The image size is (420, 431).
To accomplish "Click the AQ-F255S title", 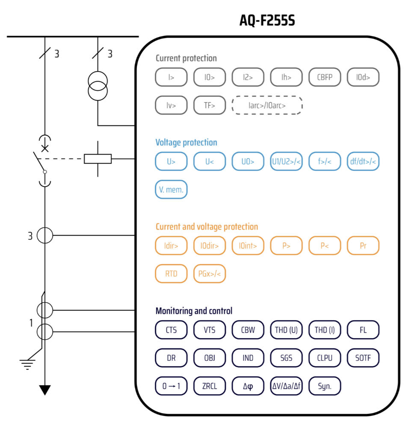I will point(267,20).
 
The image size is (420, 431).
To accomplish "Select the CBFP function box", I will point(325,77).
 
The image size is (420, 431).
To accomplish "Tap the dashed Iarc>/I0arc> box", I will point(267,105).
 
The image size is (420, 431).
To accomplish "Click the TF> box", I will point(209,105).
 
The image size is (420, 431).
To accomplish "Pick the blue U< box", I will point(209,161).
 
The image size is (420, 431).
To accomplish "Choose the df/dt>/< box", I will point(363,161).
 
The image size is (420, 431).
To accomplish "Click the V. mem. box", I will point(171,190).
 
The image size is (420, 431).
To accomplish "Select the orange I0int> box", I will point(248,246).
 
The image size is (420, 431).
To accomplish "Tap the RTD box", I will point(171,274).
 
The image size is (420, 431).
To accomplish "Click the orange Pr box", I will point(363,246).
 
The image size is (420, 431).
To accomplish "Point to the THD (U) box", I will point(286,330).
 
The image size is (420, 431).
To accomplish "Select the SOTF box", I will point(363,358).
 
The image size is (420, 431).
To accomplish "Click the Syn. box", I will point(325,386).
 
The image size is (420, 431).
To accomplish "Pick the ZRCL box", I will point(209,386).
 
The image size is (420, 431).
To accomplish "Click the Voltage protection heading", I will point(186,143).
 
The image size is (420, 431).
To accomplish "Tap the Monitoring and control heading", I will point(194,311).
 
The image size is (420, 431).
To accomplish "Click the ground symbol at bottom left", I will point(27,364).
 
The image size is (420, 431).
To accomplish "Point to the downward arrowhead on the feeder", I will point(44,390).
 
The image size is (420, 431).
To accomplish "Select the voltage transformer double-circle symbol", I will point(98,86).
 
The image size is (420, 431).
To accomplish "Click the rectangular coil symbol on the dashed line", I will point(98,159).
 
